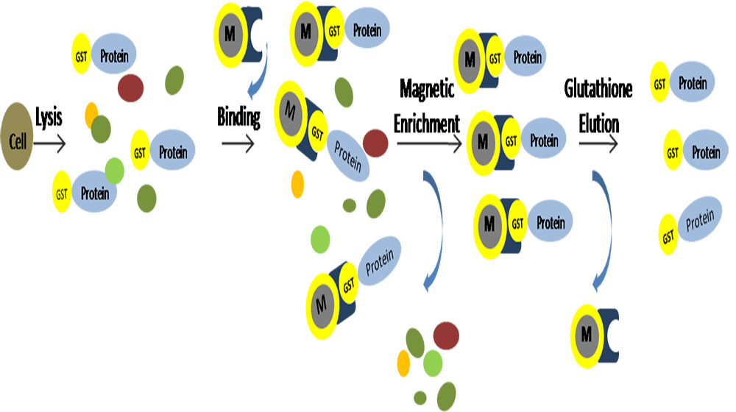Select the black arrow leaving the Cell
tap(50, 143)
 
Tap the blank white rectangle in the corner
tap(665, 386)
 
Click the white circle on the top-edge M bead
tap(259, 35)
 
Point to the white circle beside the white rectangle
tap(615, 336)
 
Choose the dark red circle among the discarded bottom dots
tap(446, 335)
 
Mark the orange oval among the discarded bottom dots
tap(403, 363)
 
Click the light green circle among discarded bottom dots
tap(433, 363)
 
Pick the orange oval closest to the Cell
tap(91, 114)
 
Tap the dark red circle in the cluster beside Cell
tap(130, 87)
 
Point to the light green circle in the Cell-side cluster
tap(114, 170)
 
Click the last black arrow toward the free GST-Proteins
tap(598, 143)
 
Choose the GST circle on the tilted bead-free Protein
tap(668, 236)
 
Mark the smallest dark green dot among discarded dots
tap(420, 396)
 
